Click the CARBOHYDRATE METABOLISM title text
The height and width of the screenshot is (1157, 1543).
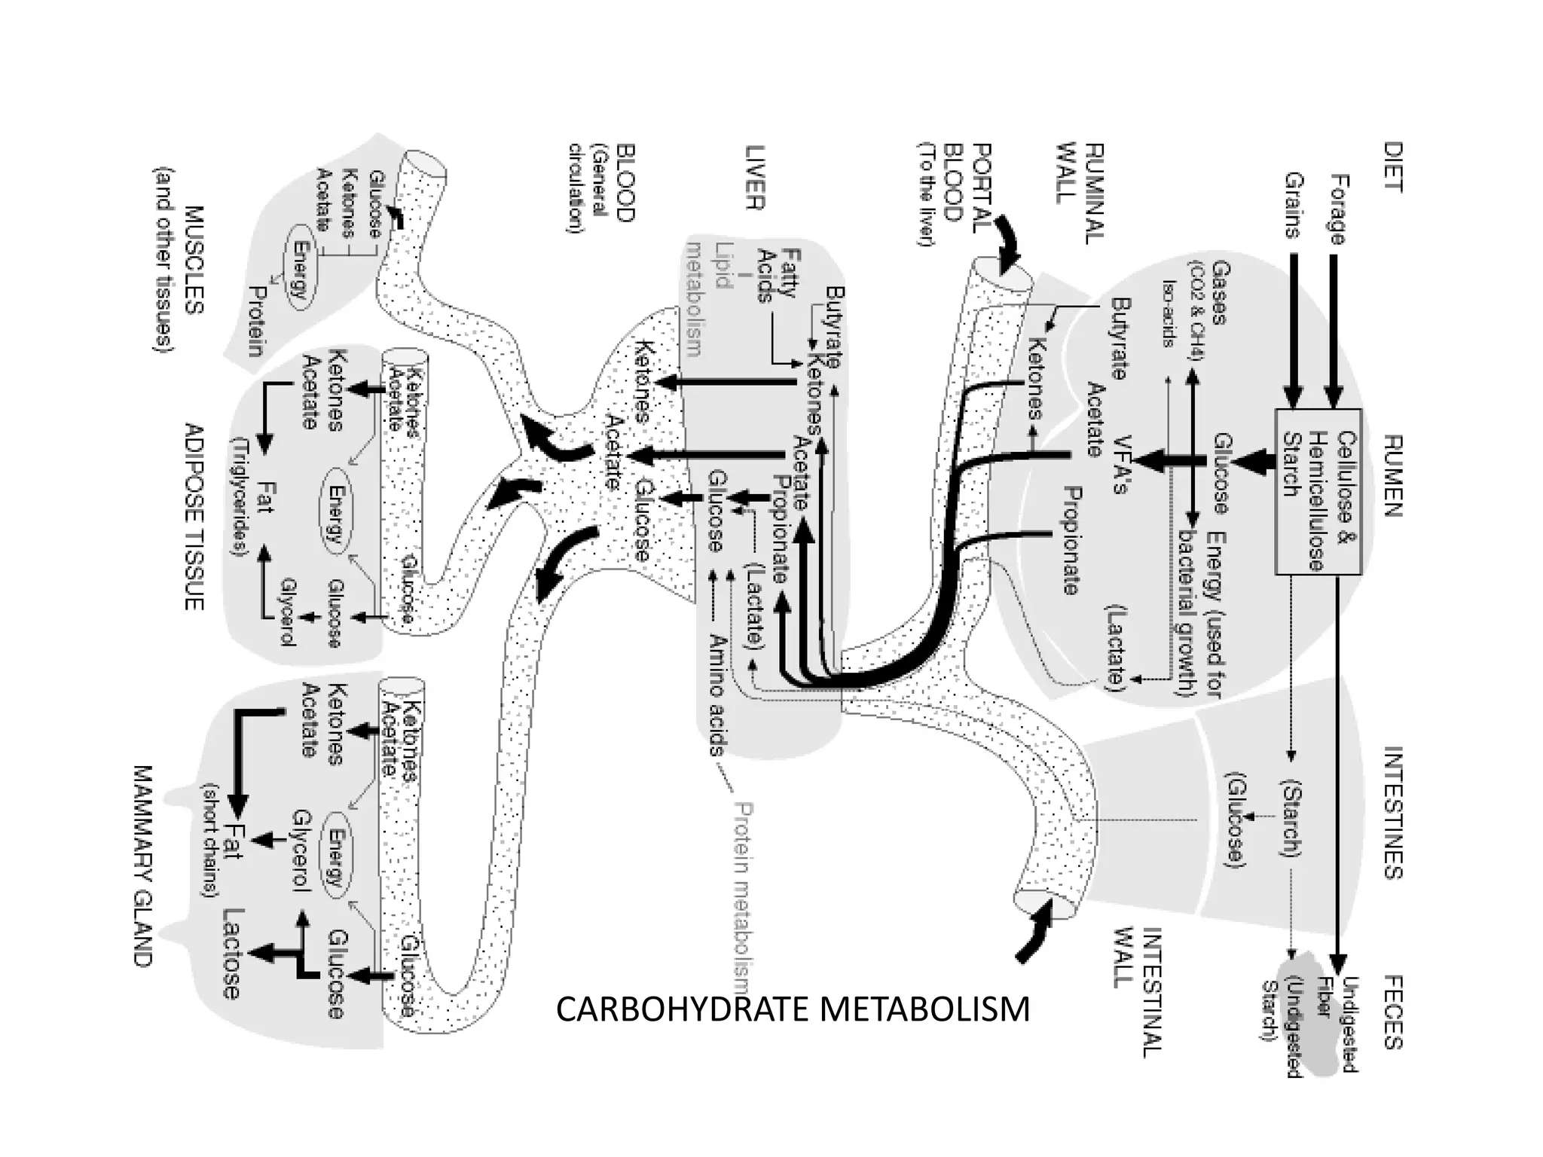(x=793, y=1009)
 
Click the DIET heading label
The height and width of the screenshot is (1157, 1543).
(x=1392, y=167)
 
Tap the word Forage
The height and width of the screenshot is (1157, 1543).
(x=1337, y=209)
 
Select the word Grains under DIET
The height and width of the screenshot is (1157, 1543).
(x=1294, y=205)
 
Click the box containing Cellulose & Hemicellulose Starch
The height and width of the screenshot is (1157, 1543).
(x=1318, y=491)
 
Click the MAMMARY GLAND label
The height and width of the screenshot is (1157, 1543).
(x=142, y=866)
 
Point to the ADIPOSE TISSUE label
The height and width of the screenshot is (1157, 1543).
(x=194, y=516)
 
